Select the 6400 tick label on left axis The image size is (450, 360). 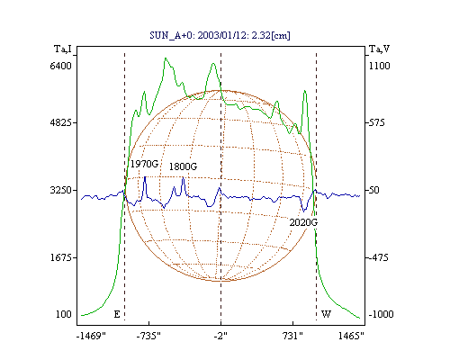pyautogui.click(x=61, y=66)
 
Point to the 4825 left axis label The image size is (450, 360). pyautogui.click(x=61, y=122)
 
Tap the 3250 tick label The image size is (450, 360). pyautogui.click(x=61, y=190)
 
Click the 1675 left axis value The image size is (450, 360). pyautogui.click(x=61, y=257)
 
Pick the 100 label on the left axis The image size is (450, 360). pyautogui.click(x=64, y=314)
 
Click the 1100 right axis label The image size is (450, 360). pyautogui.click(x=379, y=66)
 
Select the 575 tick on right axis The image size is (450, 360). pyautogui.click(x=376, y=122)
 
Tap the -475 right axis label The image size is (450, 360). pyautogui.click(x=378, y=257)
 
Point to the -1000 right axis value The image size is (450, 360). pyautogui.click(x=381, y=314)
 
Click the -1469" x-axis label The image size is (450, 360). pyautogui.click(x=91, y=336)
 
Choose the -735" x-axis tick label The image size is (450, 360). pyautogui.click(x=148, y=336)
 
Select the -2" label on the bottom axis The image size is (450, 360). pyautogui.click(x=220, y=336)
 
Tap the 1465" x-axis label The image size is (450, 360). pyautogui.click(x=351, y=336)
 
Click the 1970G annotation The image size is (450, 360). pyautogui.click(x=144, y=164)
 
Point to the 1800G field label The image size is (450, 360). pyautogui.click(x=183, y=166)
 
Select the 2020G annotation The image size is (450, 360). pyautogui.click(x=303, y=222)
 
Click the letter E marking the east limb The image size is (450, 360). pyautogui.click(x=117, y=314)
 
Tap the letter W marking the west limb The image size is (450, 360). pyautogui.click(x=326, y=314)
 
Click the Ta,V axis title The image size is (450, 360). pyautogui.click(x=379, y=49)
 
